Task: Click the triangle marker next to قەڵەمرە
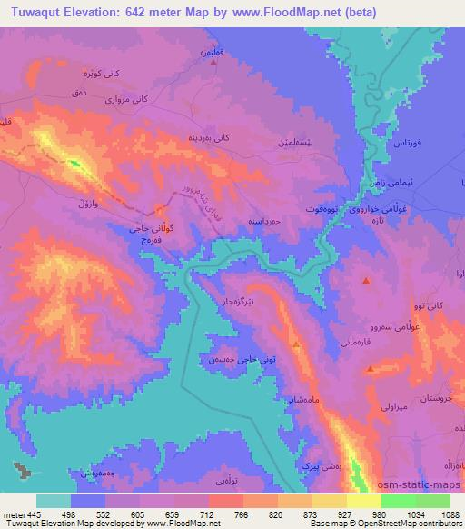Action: click(x=213, y=61)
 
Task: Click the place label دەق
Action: click(x=80, y=92)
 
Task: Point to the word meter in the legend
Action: click(x=15, y=514)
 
